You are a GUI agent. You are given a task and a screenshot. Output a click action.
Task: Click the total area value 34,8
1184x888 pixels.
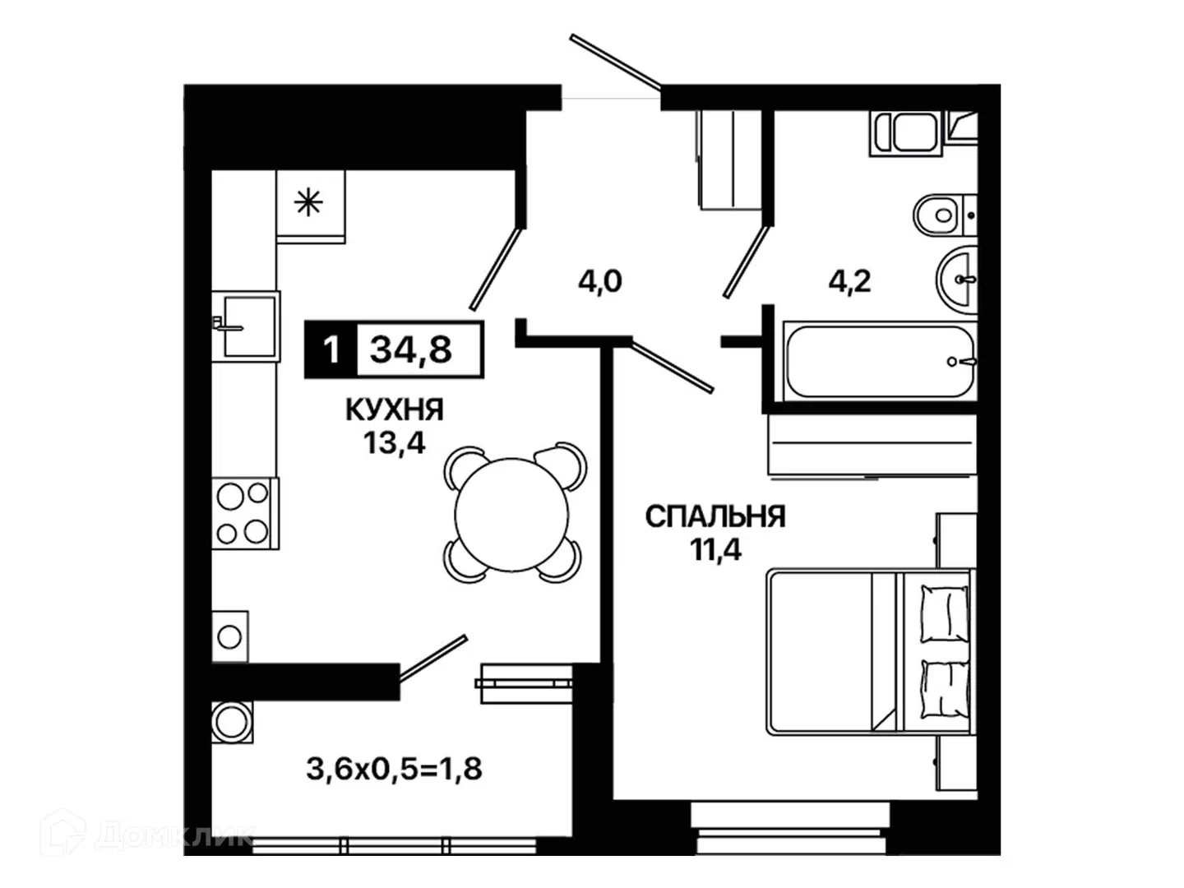click(410, 350)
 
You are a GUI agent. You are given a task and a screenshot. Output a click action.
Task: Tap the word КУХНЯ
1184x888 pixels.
click(395, 409)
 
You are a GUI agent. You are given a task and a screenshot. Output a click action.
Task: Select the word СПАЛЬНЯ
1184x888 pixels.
click(715, 516)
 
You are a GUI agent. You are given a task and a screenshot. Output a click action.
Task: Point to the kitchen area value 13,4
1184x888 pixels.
click(395, 443)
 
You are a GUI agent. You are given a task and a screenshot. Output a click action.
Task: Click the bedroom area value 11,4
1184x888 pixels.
click(715, 550)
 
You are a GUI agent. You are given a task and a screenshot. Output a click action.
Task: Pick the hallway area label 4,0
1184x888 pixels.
click(600, 281)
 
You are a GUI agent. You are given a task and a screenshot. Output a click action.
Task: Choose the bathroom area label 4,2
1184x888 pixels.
click(849, 281)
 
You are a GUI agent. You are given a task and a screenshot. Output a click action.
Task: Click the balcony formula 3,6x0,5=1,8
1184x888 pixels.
click(395, 769)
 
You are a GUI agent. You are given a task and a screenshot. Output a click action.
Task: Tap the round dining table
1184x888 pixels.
click(511, 515)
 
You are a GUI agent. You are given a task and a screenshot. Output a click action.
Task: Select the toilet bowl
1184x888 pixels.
click(945, 215)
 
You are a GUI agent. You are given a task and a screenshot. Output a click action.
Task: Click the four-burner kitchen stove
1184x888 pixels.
click(245, 513)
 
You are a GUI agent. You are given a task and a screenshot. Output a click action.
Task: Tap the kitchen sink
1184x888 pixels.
click(246, 326)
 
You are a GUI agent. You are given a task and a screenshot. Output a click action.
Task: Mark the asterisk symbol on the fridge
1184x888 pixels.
click(308, 203)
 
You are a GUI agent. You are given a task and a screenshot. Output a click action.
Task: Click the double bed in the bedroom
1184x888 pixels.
click(868, 651)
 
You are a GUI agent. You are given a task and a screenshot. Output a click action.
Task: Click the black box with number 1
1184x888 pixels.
click(331, 349)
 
